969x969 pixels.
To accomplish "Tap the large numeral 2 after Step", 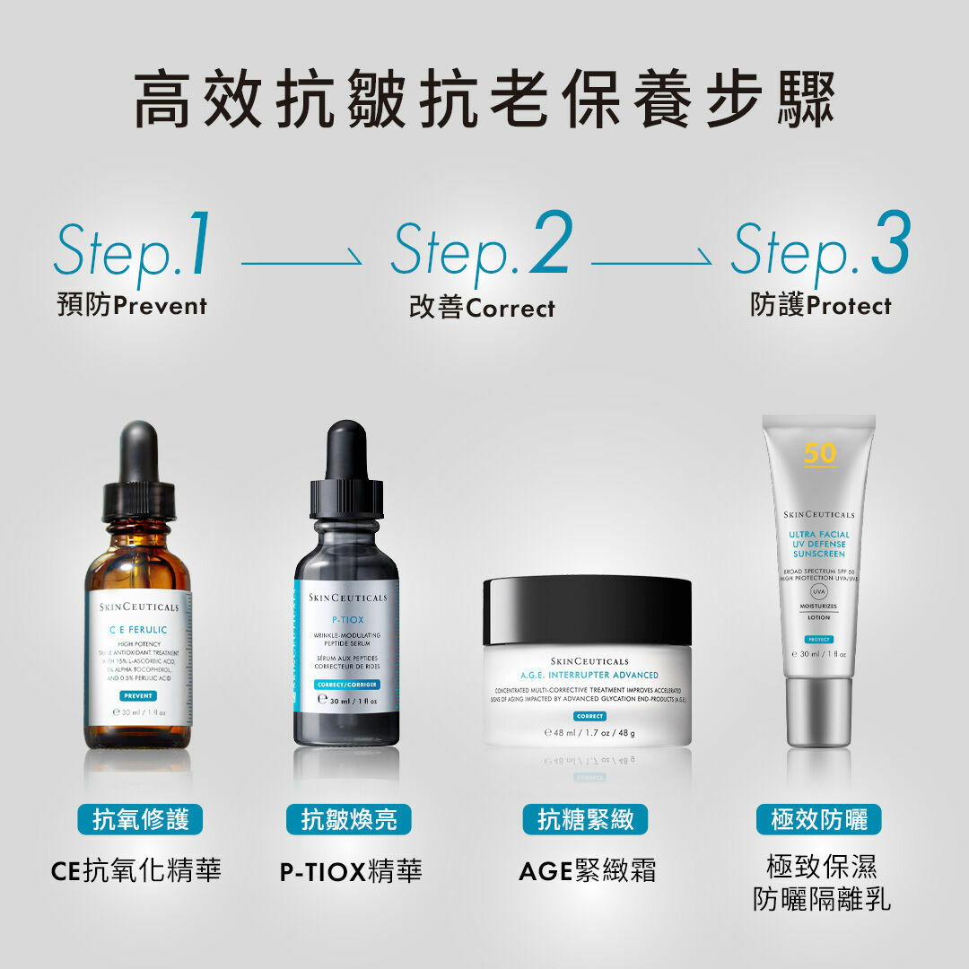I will pos(550,244).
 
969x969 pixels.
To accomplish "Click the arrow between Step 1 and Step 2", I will pos(301,264).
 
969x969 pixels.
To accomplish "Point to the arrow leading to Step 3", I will pos(651,264).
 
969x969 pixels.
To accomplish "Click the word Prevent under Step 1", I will pos(161,306).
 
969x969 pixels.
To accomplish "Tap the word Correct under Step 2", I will pos(511,309).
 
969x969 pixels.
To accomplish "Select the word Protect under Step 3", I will pos(849,306).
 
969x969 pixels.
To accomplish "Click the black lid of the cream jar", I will pos(587,610).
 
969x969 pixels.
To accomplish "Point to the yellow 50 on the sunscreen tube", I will pos(820,453).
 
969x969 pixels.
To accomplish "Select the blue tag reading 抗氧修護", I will pos(140,819).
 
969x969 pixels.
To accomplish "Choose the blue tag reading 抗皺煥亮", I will pos(349,819).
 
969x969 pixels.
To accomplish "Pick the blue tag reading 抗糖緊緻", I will pos(585,819).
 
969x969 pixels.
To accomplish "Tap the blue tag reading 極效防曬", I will pos(819,819).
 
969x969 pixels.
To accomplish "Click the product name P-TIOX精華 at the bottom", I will pos(351,871).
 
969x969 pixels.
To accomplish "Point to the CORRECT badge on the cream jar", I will pos(589,716).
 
